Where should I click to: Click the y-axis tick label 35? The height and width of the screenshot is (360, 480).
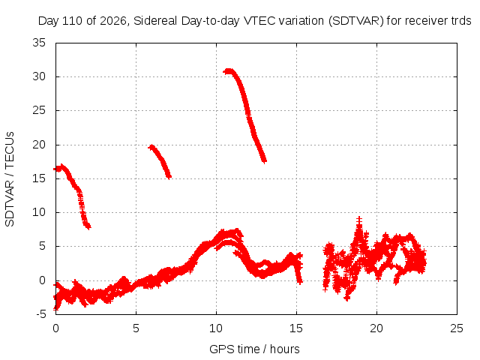(x=39, y=43)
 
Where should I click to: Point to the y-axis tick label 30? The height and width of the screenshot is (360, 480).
(x=39, y=76)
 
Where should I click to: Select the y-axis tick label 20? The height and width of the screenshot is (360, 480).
(x=39, y=145)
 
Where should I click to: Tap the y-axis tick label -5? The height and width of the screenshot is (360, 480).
(x=40, y=314)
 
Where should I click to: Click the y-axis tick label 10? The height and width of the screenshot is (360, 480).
(x=39, y=212)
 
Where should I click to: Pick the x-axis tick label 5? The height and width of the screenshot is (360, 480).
(x=136, y=328)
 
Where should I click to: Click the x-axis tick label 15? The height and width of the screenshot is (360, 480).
(x=296, y=328)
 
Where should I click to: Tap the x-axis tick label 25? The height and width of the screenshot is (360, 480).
(x=457, y=328)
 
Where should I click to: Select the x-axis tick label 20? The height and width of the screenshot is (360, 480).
(x=376, y=328)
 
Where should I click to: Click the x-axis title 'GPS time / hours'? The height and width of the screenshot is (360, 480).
(x=254, y=349)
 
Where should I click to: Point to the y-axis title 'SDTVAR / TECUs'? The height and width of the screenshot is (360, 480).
(x=10, y=179)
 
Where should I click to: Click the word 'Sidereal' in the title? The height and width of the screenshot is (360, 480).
(x=155, y=21)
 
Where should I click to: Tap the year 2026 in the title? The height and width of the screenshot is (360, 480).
(x=113, y=21)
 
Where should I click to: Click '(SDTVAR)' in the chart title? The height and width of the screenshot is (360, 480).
(x=356, y=21)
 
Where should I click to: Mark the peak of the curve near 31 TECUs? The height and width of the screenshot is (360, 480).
(x=228, y=71)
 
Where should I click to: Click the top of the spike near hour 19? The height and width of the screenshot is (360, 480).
(x=359, y=220)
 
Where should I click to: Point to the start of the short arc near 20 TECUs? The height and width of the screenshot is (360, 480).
(x=151, y=147)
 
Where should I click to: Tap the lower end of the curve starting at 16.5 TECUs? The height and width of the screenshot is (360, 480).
(x=88, y=226)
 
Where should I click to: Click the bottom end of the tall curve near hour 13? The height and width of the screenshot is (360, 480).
(x=264, y=160)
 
